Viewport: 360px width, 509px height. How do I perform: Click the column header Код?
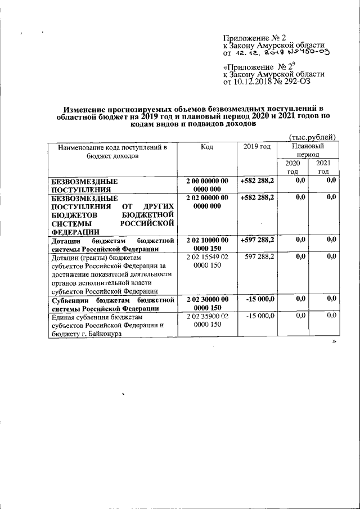click(x=206, y=147)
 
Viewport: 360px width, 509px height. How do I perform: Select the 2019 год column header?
click(x=257, y=147)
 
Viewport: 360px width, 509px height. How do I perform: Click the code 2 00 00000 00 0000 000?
click(x=207, y=185)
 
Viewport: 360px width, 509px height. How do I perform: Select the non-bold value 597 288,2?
click(x=259, y=256)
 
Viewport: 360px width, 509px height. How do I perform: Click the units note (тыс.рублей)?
click(x=312, y=137)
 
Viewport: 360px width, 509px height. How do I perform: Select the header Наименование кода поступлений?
click(x=109, y=147)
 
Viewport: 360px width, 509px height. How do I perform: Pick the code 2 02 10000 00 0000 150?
click(x=207, y=244)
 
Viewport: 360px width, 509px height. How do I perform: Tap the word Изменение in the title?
click(x=85, y=108)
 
